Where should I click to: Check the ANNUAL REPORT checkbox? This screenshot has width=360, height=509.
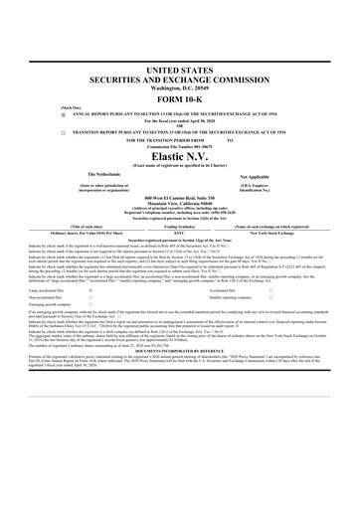pos(63,114)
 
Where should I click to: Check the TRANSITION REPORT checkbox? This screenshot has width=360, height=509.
pos(63,131)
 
